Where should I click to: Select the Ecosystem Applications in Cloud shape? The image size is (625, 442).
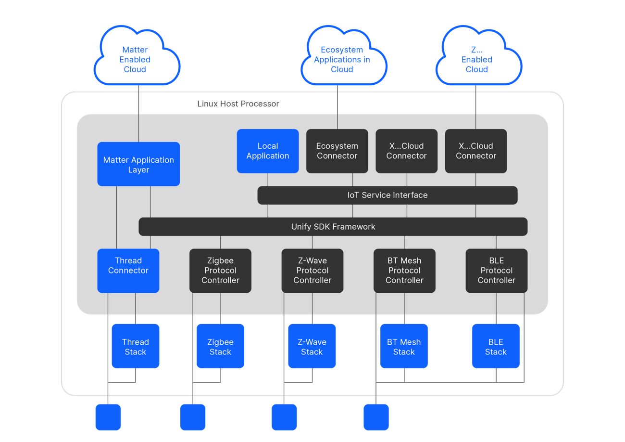[x=342, y=59]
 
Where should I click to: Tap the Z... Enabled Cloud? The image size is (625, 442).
[x=477, y=59]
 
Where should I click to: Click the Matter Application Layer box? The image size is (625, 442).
[x=138, y=164]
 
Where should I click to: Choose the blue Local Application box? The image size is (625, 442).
[x=268, y=151]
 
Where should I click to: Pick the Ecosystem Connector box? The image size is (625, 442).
[x=337, y=151]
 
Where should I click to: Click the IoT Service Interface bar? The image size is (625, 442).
[x=387, y=195]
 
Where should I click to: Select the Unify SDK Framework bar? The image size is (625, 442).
[x=333, y=226]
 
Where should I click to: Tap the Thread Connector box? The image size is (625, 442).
[x=128, y=271]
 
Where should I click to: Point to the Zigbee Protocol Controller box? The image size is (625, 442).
[x=220, y=271]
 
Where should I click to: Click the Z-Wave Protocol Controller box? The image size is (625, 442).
[x=312, y=271]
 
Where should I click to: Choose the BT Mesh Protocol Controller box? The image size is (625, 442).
[x=404, y=271]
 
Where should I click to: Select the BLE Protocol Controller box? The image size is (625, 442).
[x=496, y=271]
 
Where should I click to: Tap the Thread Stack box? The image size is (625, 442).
[x=135, y=346]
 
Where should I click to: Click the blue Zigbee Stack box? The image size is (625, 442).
[x=220, y=346]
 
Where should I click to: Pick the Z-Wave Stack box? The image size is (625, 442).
[x=312, y=346]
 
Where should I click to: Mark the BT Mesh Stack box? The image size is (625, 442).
[x=404, y=346]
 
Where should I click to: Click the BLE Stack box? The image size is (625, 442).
[x=496, y=346]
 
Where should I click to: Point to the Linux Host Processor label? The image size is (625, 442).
[x=238, y=104]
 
